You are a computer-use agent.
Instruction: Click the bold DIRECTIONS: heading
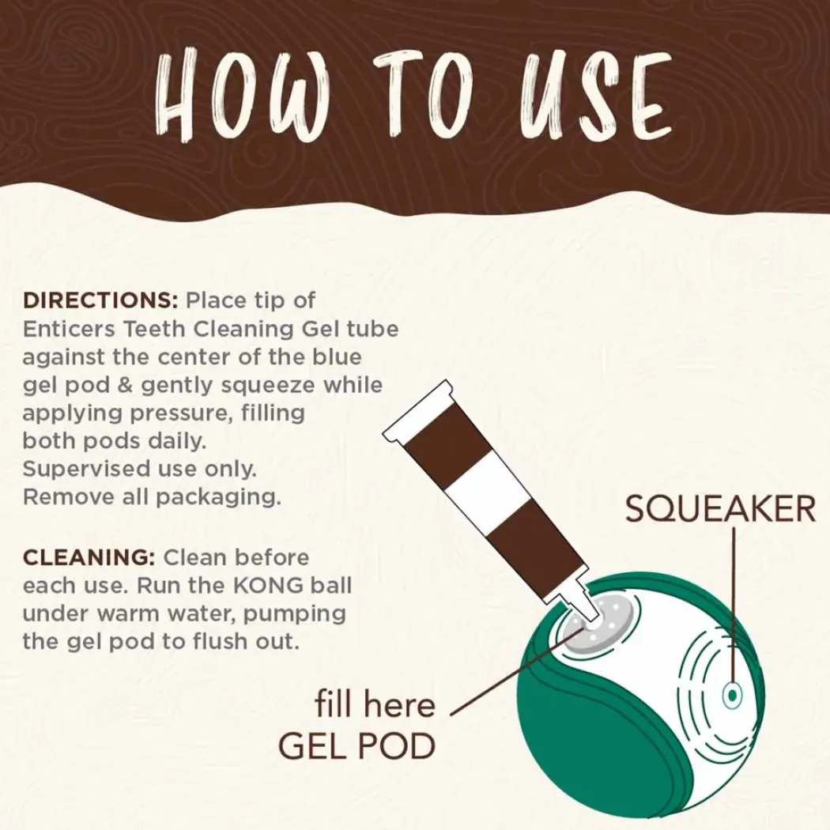point(100,300)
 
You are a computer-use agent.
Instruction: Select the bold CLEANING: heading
point(89,557)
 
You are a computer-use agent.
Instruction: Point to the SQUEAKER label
point(720,509)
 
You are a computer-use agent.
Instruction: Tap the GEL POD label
point(357,746)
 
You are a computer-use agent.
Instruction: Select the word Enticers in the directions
point(69,330)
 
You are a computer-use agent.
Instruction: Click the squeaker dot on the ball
point(732,695)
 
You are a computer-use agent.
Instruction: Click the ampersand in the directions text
point(125,386)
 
